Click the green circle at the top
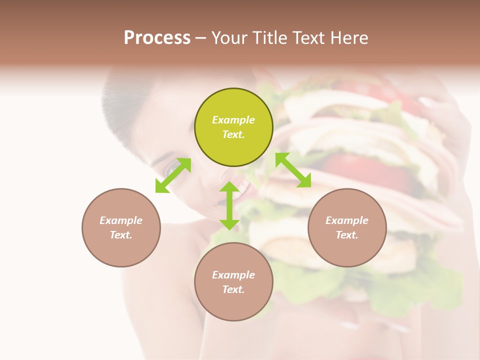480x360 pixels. tap(233, 127)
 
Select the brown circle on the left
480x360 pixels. tap(121, 227)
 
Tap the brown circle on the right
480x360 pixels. tap(347, 227)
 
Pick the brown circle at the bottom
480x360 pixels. tap(233, 282)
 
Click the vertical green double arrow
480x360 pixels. tap(229, 205)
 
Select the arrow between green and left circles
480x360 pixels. tap(173, 175)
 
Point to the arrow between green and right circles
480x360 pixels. tap(293, 170)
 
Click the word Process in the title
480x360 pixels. tap(157, 37)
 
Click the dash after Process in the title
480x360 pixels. tap(200, 38)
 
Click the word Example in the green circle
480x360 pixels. tap(233, 120)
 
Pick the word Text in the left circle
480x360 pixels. tap(120, 235)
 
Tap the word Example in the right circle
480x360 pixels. tap(347, 220)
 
